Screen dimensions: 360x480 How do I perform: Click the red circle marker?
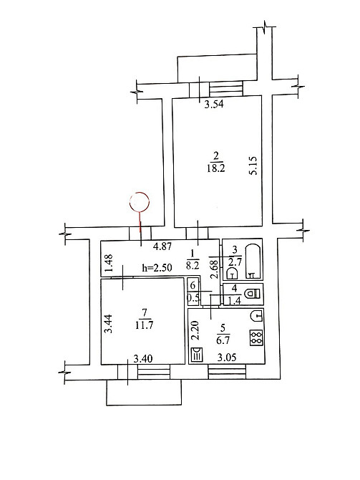(140, 193)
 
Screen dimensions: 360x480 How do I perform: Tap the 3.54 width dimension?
(214, 105)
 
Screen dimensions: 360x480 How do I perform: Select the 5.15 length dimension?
(253, 165)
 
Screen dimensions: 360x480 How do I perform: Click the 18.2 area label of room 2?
(215, 168)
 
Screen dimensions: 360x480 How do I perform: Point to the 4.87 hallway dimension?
(162, 246)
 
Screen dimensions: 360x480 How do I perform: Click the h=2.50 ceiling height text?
(157, 268)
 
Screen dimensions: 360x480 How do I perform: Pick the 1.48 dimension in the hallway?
(110, 263)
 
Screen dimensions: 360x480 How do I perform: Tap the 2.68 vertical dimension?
(215, 269)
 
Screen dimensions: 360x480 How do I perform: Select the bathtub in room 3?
(253, 261)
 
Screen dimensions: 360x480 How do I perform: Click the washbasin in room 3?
(233, 273)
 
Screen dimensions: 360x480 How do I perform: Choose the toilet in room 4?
(253, 294)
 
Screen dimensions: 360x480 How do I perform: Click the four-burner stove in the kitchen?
(256, 338)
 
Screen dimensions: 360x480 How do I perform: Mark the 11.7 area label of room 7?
(144, 325)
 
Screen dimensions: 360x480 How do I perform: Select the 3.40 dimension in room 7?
(143, 358)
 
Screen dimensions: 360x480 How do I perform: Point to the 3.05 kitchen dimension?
(227, 357)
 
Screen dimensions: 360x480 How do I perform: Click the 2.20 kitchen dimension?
(195, 330)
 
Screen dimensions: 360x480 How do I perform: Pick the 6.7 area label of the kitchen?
(223, 340)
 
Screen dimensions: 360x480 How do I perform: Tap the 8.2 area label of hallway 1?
(193, 265)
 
